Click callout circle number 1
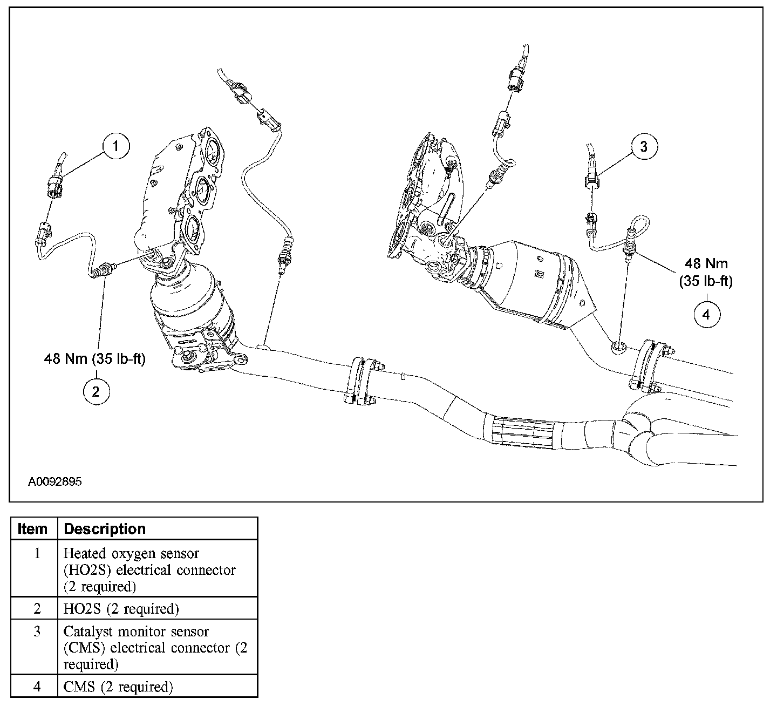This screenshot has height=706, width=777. (117, 146)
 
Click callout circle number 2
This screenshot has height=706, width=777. (96, 391)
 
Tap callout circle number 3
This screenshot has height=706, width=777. (644, 146)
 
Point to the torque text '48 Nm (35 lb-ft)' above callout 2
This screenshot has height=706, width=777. (95, 359)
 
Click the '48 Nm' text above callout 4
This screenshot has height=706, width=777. (706, 263)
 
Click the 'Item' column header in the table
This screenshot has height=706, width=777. (33, 529)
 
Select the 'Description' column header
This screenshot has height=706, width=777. (105, 529)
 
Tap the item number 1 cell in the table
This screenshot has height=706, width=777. (37, 554)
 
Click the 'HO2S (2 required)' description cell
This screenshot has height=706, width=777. (121, 609)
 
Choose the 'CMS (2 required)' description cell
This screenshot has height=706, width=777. (118, 687)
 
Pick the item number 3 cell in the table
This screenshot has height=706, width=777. (37, 632)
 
